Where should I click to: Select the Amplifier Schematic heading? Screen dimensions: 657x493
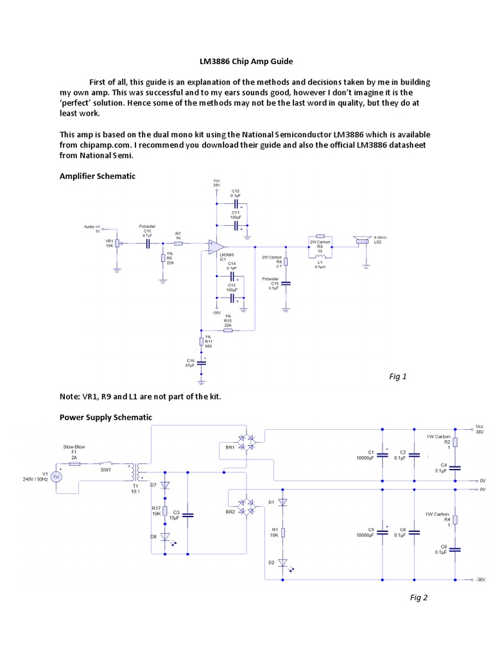tap(97, 176)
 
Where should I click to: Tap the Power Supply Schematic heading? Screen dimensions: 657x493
tap(106, 417)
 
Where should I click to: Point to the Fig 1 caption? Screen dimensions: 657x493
tap(398, 377)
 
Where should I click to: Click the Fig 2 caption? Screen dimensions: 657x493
tap(419, 597)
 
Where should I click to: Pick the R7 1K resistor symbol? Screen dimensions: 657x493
tap(178, 244)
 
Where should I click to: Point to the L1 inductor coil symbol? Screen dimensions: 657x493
tap(319, 257)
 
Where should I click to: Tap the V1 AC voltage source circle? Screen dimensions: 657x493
tap(56, 477)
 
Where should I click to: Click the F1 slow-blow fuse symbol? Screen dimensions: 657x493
tap(74, 463)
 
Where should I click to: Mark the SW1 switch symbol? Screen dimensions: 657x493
tap(107, 463)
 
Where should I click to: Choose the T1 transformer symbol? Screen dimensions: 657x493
tap(135, 473)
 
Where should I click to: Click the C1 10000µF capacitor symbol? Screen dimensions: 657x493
tap(383, 455)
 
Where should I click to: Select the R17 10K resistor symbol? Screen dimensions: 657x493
tap(165, 511)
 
